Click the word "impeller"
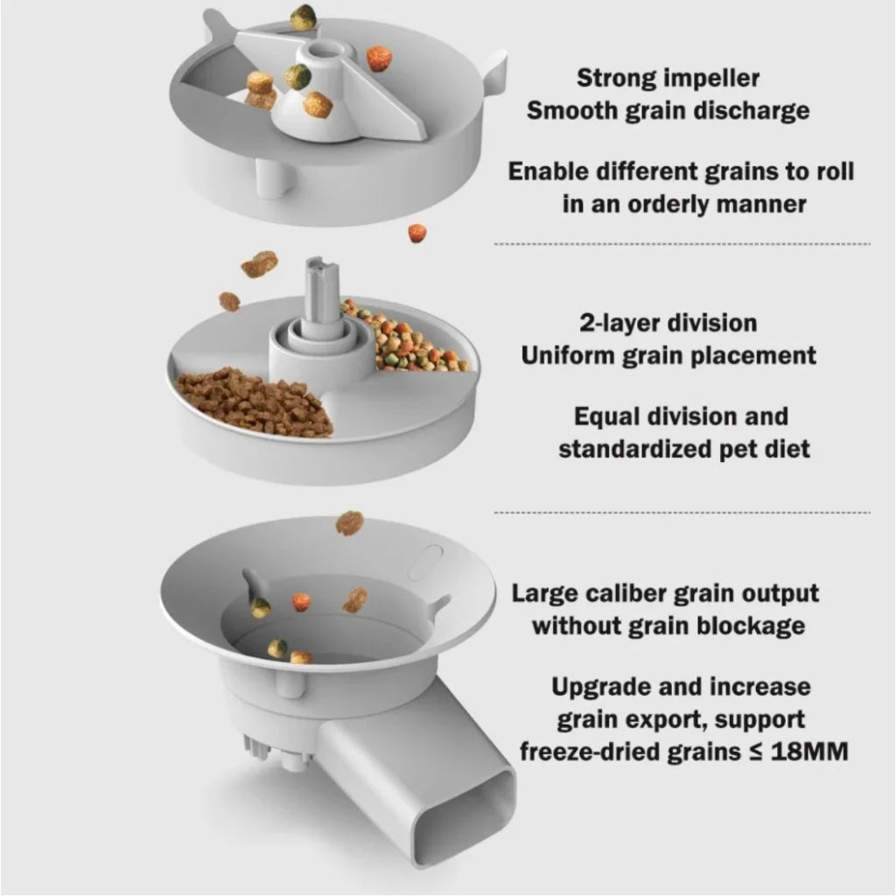coord(705,78)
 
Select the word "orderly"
coord(667,204)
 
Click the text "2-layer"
coord(619,323)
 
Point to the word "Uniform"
coord(567,355)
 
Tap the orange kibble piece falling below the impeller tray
coord(417,233)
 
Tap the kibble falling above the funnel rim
coord(349,523)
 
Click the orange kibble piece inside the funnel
coord(301,601)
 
